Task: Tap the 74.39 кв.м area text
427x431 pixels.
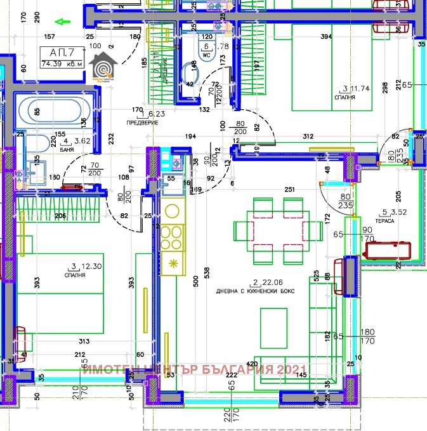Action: [x=61, y=63]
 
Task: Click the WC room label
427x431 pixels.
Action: [x=206, y=54]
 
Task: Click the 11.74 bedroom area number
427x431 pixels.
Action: [x=360, y=89]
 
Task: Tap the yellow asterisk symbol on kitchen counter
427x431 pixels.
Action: [x=172, y=263]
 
